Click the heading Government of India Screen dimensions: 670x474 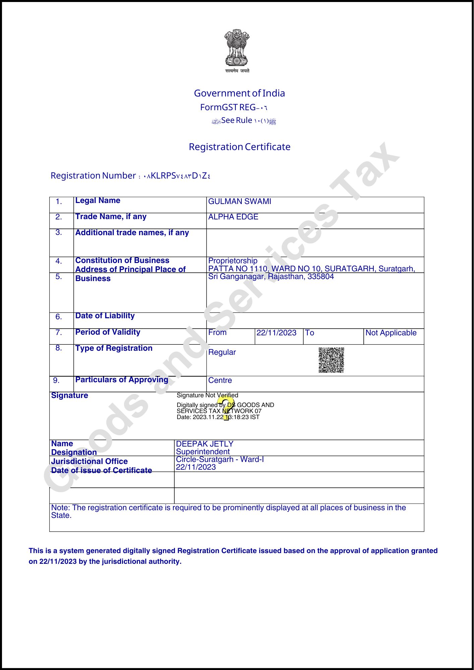coord(239,93)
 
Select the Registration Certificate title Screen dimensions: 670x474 coord(239,147)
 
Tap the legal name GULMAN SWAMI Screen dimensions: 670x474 coord(240,201)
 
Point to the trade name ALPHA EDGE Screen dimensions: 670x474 coord(233,217)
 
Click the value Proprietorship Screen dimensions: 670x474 coord(233,261)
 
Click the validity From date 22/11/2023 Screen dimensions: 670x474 coord(276,333)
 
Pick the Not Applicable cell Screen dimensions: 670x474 coord(391,333)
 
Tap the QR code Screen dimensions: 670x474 coord(331,360)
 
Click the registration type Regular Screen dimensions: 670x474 coord(222,352)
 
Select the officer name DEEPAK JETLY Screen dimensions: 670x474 coord(204,444)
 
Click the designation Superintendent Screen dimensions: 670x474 coord(203,452)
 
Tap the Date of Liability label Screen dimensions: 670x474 coord(105,316)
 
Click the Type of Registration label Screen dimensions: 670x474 coord(114,348)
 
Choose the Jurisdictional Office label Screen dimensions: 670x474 coord(89,461)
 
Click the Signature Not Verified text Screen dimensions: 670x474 coord(207,395)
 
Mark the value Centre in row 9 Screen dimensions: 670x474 coord(220,380)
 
